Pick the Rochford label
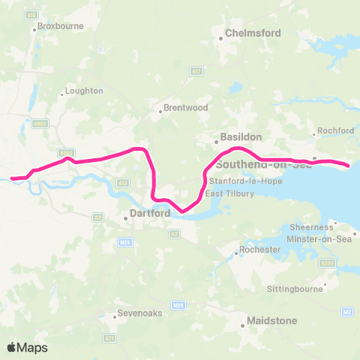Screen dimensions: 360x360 [x=335, y=130]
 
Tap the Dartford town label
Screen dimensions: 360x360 [x=151, y=213]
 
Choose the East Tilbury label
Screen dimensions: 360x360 [x=230, y=193]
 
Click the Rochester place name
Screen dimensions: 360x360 [x=259, y=250]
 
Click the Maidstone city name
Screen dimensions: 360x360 [x=274, y=321]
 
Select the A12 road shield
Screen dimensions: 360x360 [x=196, y=71]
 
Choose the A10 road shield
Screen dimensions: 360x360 [x=31, y=15]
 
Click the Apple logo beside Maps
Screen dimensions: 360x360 [x=12, y=347]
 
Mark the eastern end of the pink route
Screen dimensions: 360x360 [x=348, y=164]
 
